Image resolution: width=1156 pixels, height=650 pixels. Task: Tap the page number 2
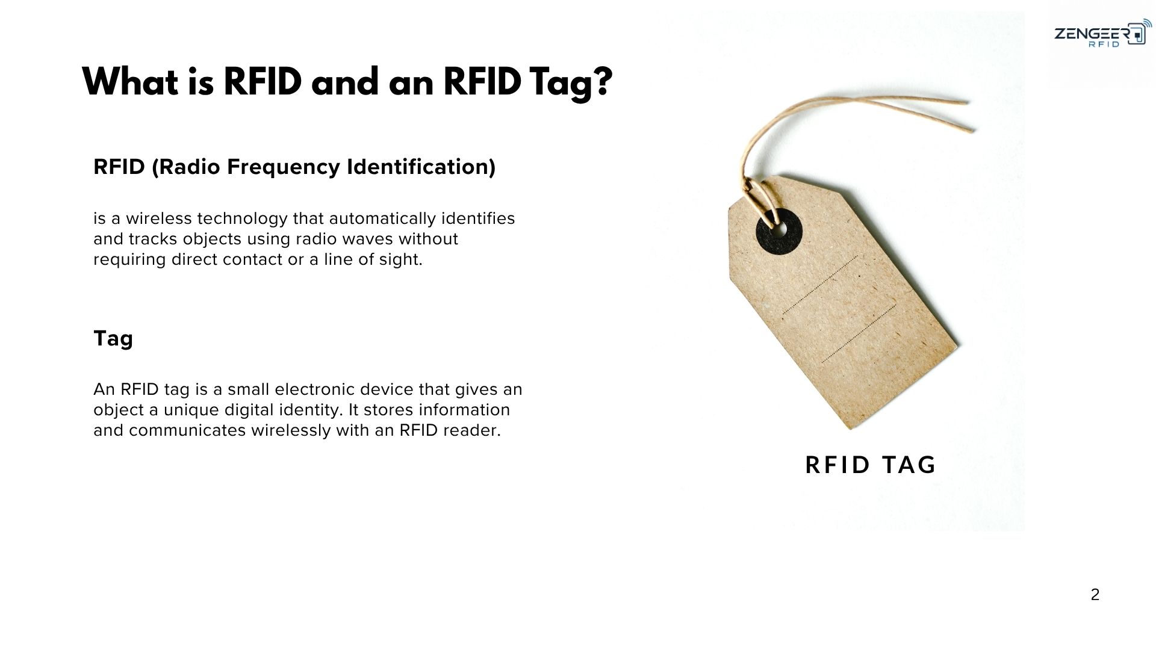point(1095,595)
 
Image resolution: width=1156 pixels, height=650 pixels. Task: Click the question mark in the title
point(598,82)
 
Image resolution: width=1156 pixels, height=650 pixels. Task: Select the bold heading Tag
point(113,339)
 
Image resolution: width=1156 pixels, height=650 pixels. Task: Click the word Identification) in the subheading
point(421,167)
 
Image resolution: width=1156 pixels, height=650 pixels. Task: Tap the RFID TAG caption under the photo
point(871,465)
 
